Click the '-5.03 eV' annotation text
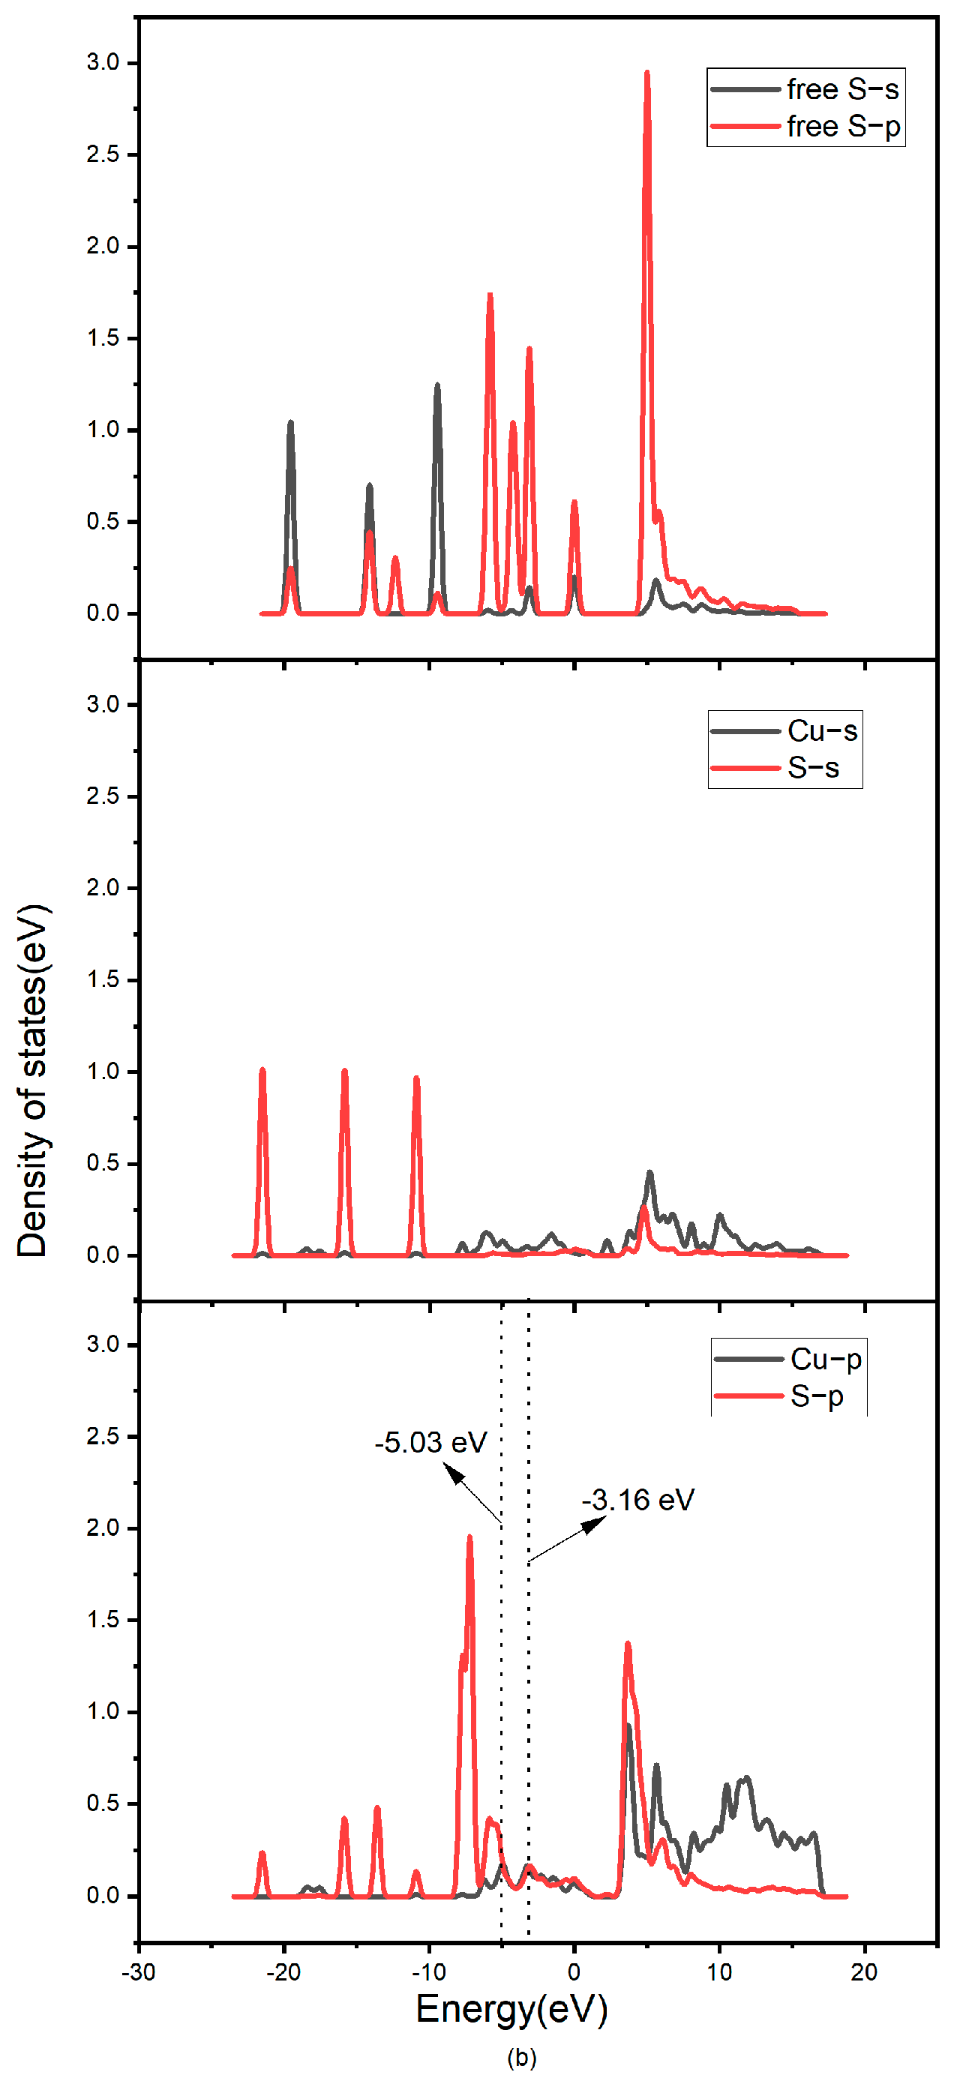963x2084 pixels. coord(430,1443)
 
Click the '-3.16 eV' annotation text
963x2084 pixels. coord(637,1500)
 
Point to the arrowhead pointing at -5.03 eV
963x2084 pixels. coord(454,1475)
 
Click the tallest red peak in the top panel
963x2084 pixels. coord(646,74)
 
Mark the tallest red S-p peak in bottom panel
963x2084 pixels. coord(469,1539)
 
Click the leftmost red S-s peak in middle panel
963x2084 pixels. coord(262,1072)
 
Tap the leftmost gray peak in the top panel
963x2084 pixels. coord(290,424)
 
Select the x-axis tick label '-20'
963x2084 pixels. coord(283,1972)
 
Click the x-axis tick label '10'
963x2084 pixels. coord(718,1972)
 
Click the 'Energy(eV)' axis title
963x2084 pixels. coord(511,2010)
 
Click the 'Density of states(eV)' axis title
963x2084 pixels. coord(32,1081)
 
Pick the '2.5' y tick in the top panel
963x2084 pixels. coord(103,154)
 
